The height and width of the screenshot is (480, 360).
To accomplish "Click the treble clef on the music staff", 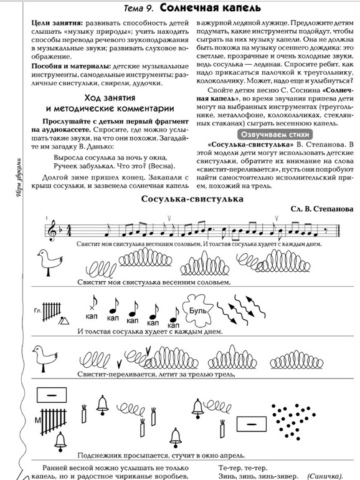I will [53, 229].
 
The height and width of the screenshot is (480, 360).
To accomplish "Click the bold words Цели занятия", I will [55, 22].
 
